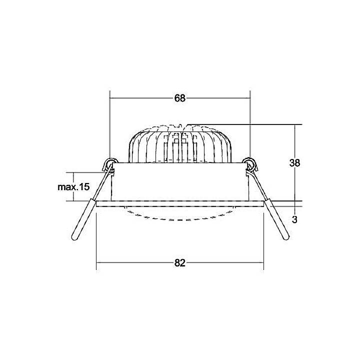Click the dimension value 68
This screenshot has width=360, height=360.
tap(180, 98)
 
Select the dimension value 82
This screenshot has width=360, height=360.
tap(180, 263)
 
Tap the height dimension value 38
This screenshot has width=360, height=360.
tap(295, 162)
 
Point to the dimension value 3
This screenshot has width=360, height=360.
tap(295, 219)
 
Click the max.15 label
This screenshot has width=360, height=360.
tap(73, 187)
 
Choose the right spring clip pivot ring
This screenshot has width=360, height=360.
tap(250, 162)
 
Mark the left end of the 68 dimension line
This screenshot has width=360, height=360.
tap(110, 98)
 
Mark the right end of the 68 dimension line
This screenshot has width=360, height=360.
tap(250, 98)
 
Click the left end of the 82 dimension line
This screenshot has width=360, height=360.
tap(96, 263)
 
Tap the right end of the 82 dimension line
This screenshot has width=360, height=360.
tap(263, 263)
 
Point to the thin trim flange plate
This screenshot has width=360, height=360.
tap(180, 203)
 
